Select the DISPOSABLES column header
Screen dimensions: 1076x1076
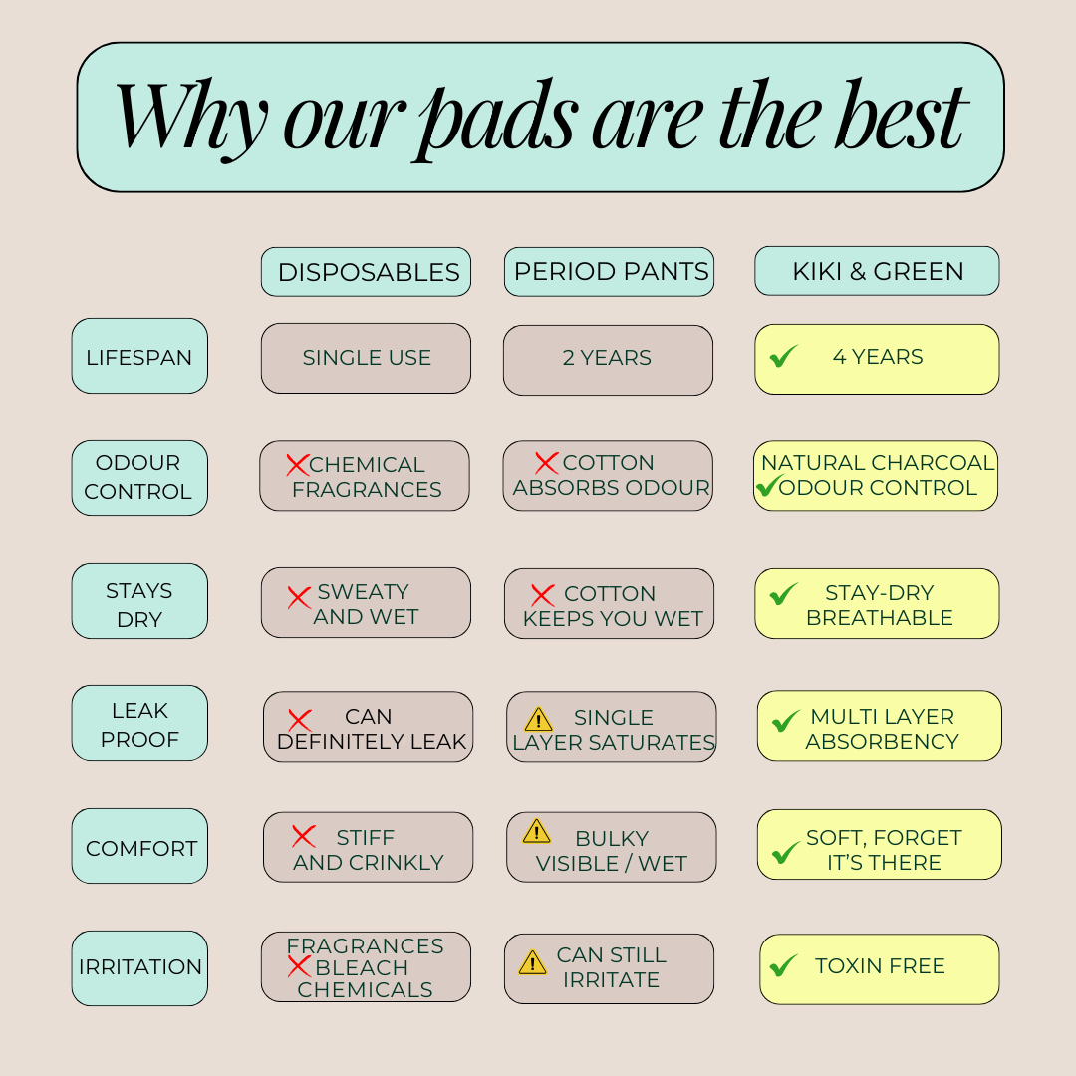[x=366, y=272]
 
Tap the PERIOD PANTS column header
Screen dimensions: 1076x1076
[x=610, y=272]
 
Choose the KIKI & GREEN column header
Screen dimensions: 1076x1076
[x=877, y=271]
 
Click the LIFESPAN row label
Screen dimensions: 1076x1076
[x=139, y=356]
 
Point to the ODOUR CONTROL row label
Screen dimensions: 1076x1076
[x=139, y=477]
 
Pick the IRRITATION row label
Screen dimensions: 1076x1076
[x=139, y=968]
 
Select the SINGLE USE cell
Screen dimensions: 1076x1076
[x=366, y=359]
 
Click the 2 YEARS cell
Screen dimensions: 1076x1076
[x=608, y=360]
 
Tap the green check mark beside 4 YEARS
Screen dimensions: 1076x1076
[x=783, y=356]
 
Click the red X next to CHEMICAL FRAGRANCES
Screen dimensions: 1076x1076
[x=298, y=465]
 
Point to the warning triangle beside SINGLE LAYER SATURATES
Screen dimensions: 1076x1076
[x=539, y=720]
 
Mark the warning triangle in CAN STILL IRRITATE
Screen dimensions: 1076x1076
[x=532, y=962]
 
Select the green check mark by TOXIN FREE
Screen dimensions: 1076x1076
[x=783, y=965]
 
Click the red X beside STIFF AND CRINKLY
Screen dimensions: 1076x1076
[x=303, y=836]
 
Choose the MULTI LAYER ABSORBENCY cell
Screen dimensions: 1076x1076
[x=879, y=726]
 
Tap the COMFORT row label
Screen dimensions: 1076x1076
[x=139, y=846]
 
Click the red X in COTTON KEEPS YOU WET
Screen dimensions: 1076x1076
[x=543, y=595]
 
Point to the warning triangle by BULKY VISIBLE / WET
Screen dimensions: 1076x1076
[x=537, y=830]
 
